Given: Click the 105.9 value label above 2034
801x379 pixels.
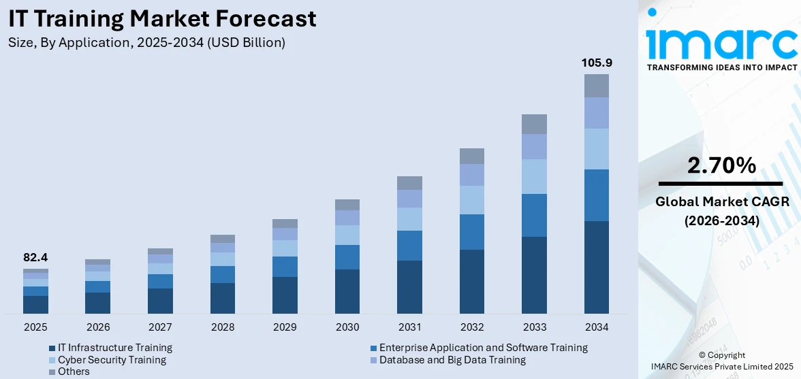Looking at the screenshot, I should coord(596,63).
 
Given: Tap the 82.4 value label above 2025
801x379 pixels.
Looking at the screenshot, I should coord(35,258).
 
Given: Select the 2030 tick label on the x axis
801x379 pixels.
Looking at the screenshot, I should coord(347,327).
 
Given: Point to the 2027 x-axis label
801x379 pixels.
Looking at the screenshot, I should coord(160,327).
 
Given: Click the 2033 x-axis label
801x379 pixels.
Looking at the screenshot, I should coord(534,327).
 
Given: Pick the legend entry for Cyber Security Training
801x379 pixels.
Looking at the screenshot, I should coord(112,359).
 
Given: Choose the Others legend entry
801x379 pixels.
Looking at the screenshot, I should coord(74,372).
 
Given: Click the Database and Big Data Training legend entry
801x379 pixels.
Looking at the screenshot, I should coord(452,359).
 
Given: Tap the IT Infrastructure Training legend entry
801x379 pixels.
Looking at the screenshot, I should coord(114,348).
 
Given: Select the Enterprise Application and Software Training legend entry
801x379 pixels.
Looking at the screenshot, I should coord(483,348).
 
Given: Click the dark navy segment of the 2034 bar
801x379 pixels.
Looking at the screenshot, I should coord(596,267).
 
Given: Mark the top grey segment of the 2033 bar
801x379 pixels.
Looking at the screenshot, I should coord(534,124).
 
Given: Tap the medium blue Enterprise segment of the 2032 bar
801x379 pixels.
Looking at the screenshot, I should coord(472,231).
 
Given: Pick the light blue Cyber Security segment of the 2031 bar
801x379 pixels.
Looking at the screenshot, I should coord(409,218).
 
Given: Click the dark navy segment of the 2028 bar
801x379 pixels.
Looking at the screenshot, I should coord(223,298).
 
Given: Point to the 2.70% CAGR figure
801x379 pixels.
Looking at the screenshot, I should coord(721,165).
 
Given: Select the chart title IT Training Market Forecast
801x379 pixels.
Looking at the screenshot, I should coord(163,18).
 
